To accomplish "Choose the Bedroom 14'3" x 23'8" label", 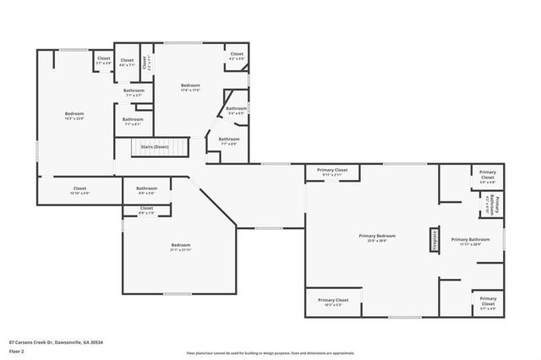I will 74,116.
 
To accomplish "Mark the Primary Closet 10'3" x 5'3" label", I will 333,302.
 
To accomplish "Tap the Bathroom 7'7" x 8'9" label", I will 229,141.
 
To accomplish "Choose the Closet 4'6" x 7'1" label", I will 127,62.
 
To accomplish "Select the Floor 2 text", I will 16,352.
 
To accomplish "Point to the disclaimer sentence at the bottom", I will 270,352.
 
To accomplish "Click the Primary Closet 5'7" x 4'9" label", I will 488,301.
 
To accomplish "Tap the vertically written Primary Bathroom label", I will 496,205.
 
